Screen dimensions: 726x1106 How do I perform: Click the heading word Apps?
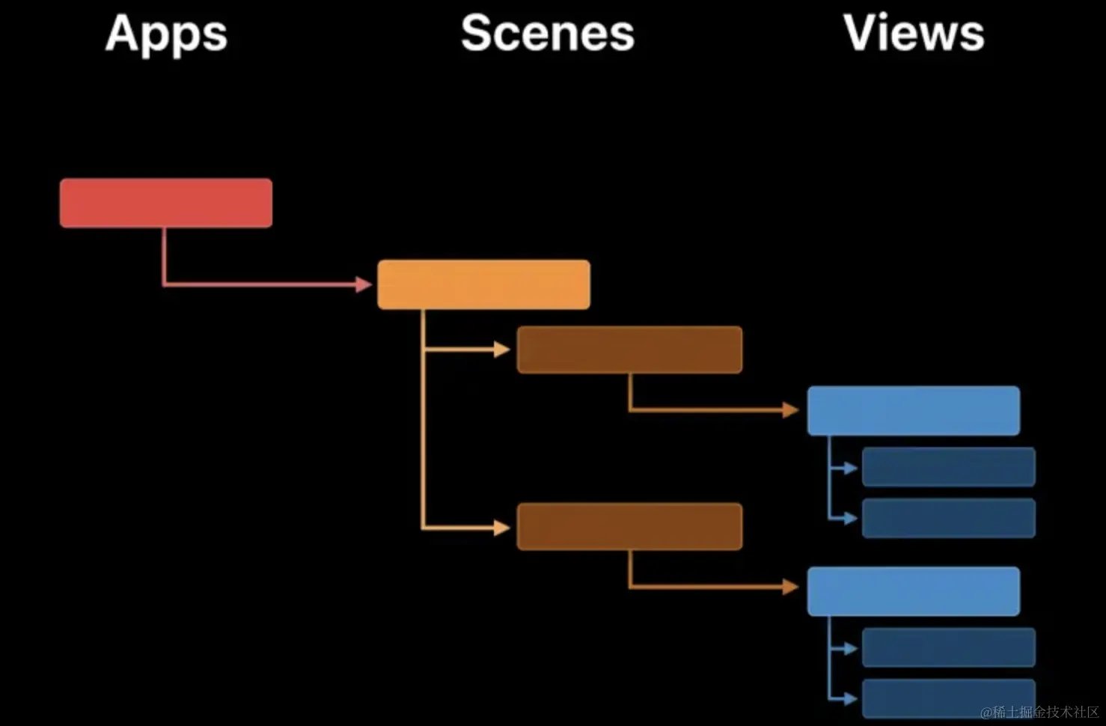click(x=166, y=34)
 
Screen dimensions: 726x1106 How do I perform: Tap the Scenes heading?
click(x=547, y=34)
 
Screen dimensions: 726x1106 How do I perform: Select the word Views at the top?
click(x=914, y=34)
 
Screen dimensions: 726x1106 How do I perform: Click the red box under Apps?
click(x=166, y=203)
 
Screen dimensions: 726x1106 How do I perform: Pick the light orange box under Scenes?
click(x=483, y=284)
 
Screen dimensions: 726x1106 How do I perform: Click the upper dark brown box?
click(x=629, y=350)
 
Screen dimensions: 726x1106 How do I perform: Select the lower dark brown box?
click(x=629, y=527)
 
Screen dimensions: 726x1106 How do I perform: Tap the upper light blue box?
click(x=913, y=411)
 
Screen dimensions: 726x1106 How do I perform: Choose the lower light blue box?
click(x=913, y=591)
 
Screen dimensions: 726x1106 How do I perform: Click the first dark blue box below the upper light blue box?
click(x=948, y=467)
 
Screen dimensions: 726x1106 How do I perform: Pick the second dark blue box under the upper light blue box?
click(x=948, y=518)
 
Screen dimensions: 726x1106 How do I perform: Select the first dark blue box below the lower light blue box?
click(x=948, y=647)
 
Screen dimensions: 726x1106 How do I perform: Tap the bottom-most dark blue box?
click(x=948, y=698)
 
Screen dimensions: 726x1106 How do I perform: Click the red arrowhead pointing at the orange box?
click(x=364, y=284)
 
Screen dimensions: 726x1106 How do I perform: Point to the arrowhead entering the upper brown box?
click(x=502, y=350)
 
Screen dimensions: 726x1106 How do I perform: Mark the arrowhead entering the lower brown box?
click(x=502, y=528)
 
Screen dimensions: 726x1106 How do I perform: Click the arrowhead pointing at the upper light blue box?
click(x=791, y=410)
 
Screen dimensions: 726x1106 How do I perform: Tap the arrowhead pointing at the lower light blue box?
click(x=791, y=587)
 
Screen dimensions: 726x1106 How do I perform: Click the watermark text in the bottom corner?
click(x=1040, y=712)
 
